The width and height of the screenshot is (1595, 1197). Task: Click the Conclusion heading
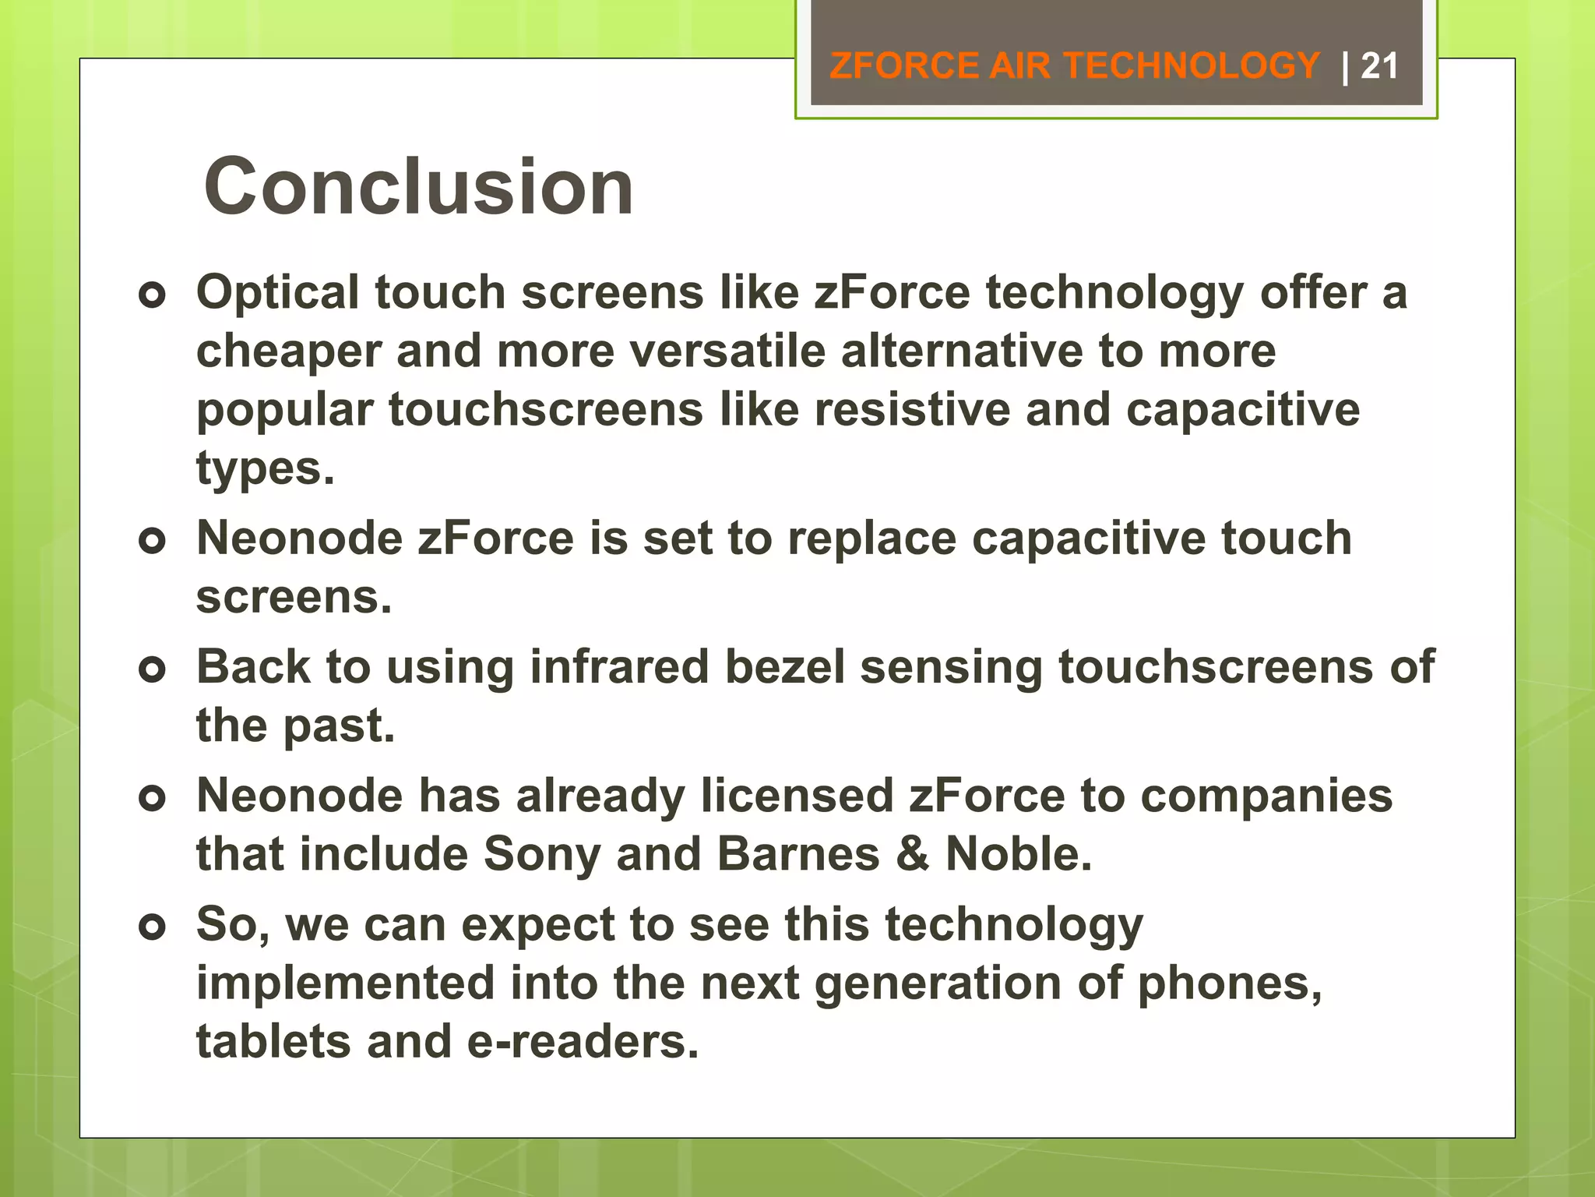coord(418,187)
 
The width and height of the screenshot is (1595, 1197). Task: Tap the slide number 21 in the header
coord(1379,66)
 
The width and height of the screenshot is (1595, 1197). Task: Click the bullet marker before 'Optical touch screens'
coord(153,295)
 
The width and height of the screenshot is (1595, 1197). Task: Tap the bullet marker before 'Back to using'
coord(153,669)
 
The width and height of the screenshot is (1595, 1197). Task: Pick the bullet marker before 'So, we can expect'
coord(153,927)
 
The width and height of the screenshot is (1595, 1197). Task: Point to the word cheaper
coord(289,352)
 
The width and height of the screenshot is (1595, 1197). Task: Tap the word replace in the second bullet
coord(871,538)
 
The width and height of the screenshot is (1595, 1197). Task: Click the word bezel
coord(785,668)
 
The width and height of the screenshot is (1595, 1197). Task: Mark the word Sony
coord(542,854)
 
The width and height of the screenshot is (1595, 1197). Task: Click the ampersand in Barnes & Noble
coord(913,854)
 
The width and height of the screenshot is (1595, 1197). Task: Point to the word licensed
coord(797,796)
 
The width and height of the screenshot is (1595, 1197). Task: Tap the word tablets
coord(273,1042)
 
